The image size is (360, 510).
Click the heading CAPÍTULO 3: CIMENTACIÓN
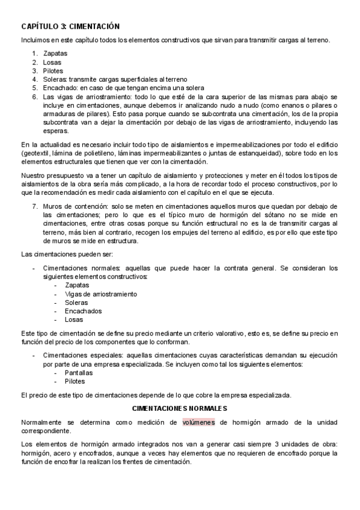point(70,26)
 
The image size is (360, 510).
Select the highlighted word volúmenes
point(199,422)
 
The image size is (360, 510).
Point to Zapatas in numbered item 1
point(55,54)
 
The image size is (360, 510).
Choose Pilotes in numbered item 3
point(53,70)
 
